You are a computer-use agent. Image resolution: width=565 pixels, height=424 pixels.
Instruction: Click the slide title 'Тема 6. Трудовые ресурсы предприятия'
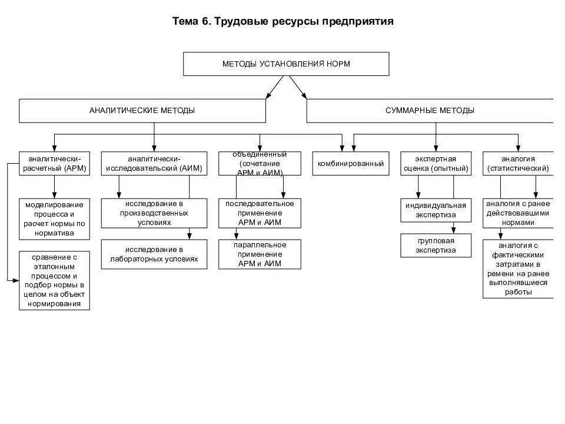[282, 22]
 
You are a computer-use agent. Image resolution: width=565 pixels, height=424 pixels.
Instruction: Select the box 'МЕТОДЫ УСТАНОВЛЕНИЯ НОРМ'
[286, 64]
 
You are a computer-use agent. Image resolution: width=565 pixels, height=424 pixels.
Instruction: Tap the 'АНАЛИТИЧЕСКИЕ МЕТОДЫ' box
[142, 111]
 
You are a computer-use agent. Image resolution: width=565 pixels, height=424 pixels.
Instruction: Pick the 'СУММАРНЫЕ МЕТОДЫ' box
[430, 111]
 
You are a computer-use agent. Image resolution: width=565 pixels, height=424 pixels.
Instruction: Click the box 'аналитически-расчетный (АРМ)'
[54, 163]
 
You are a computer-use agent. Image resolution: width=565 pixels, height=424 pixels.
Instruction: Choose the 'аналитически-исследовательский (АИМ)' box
[154, 163]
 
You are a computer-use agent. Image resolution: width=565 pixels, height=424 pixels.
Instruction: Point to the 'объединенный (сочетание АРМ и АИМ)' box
[260, 164]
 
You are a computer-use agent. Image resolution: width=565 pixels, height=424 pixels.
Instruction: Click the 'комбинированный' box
[351, 164]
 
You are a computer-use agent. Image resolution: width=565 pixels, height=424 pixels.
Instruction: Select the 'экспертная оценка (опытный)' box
[436, 163]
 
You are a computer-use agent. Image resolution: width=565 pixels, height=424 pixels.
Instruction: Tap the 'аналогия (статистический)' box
[518, 163]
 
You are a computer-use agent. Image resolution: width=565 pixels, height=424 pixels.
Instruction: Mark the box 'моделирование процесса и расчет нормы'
[54, 219]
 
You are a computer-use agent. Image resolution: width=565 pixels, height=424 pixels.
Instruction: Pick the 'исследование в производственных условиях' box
[154, 213]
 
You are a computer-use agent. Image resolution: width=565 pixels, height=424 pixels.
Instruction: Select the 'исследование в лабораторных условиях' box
[154, 254]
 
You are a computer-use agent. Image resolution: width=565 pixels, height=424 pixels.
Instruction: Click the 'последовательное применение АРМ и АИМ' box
[260, 213]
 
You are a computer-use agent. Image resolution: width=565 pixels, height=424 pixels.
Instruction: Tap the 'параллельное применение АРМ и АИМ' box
[260, 254]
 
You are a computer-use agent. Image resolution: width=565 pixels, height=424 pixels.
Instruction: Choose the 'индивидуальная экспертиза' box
[436, 210]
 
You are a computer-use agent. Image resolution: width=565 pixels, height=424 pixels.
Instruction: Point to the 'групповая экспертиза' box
[436, 246]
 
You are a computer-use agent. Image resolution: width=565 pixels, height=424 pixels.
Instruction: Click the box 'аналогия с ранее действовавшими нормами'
[518, 213]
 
